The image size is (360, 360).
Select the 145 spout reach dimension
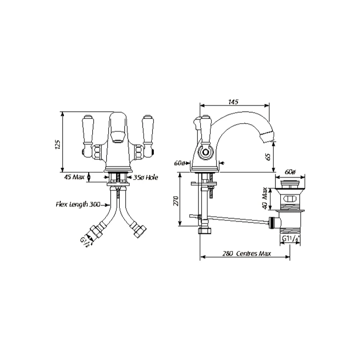233,102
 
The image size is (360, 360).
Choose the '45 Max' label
75,177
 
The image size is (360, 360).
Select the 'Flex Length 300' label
78,204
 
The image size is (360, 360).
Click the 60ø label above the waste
291,172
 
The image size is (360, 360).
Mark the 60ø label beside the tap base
180,163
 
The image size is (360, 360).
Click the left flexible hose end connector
96,232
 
